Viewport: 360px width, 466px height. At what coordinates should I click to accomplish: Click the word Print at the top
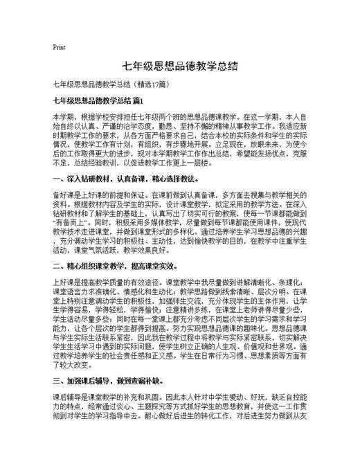click(59, 47)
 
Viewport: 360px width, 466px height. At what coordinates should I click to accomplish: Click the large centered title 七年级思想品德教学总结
click(179, 66)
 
